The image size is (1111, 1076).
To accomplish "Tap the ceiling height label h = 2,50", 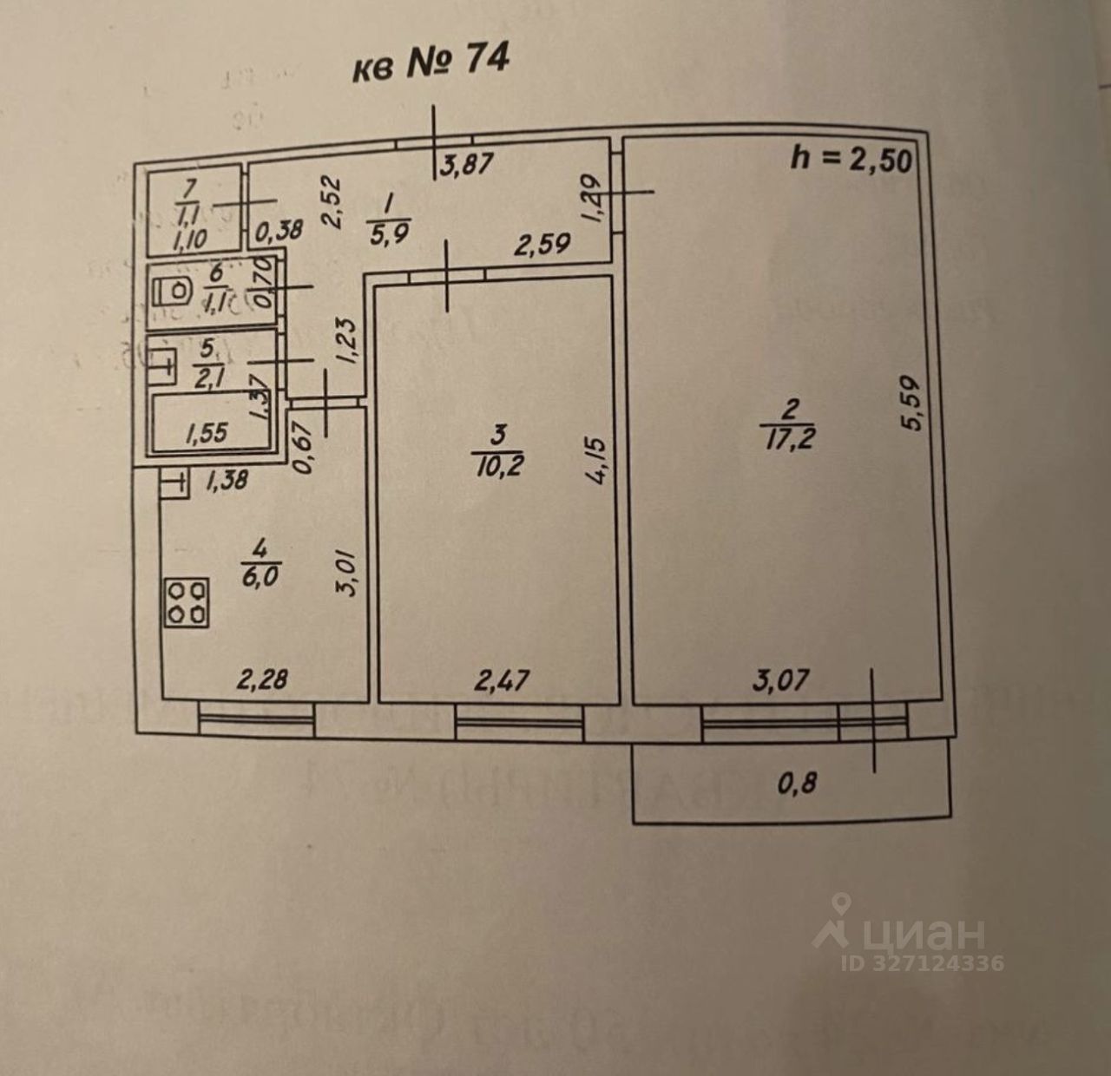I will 851,159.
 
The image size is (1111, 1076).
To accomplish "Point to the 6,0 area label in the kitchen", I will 259,576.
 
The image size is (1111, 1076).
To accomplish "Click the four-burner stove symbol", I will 187,602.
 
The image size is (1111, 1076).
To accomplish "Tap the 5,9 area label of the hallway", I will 388,232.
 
